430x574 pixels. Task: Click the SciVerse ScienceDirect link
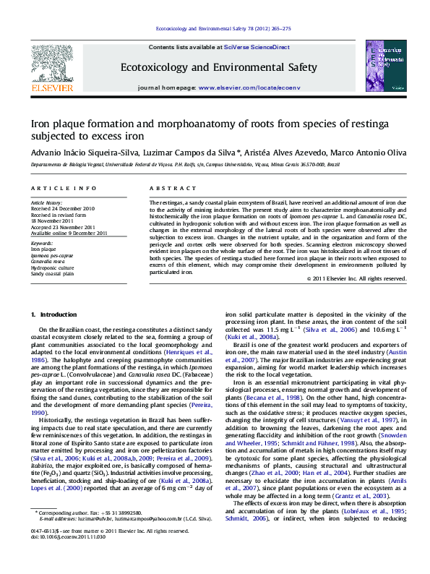click(x=257, y=47)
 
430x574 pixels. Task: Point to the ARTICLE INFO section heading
click(x=64, y=188)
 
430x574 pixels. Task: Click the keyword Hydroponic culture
click(x=53, y=268)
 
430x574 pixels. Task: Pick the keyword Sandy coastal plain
click(x=52, y=274)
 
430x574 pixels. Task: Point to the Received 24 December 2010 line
click(x=62, y=209)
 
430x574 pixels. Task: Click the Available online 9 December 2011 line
click(x=69, y=233)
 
